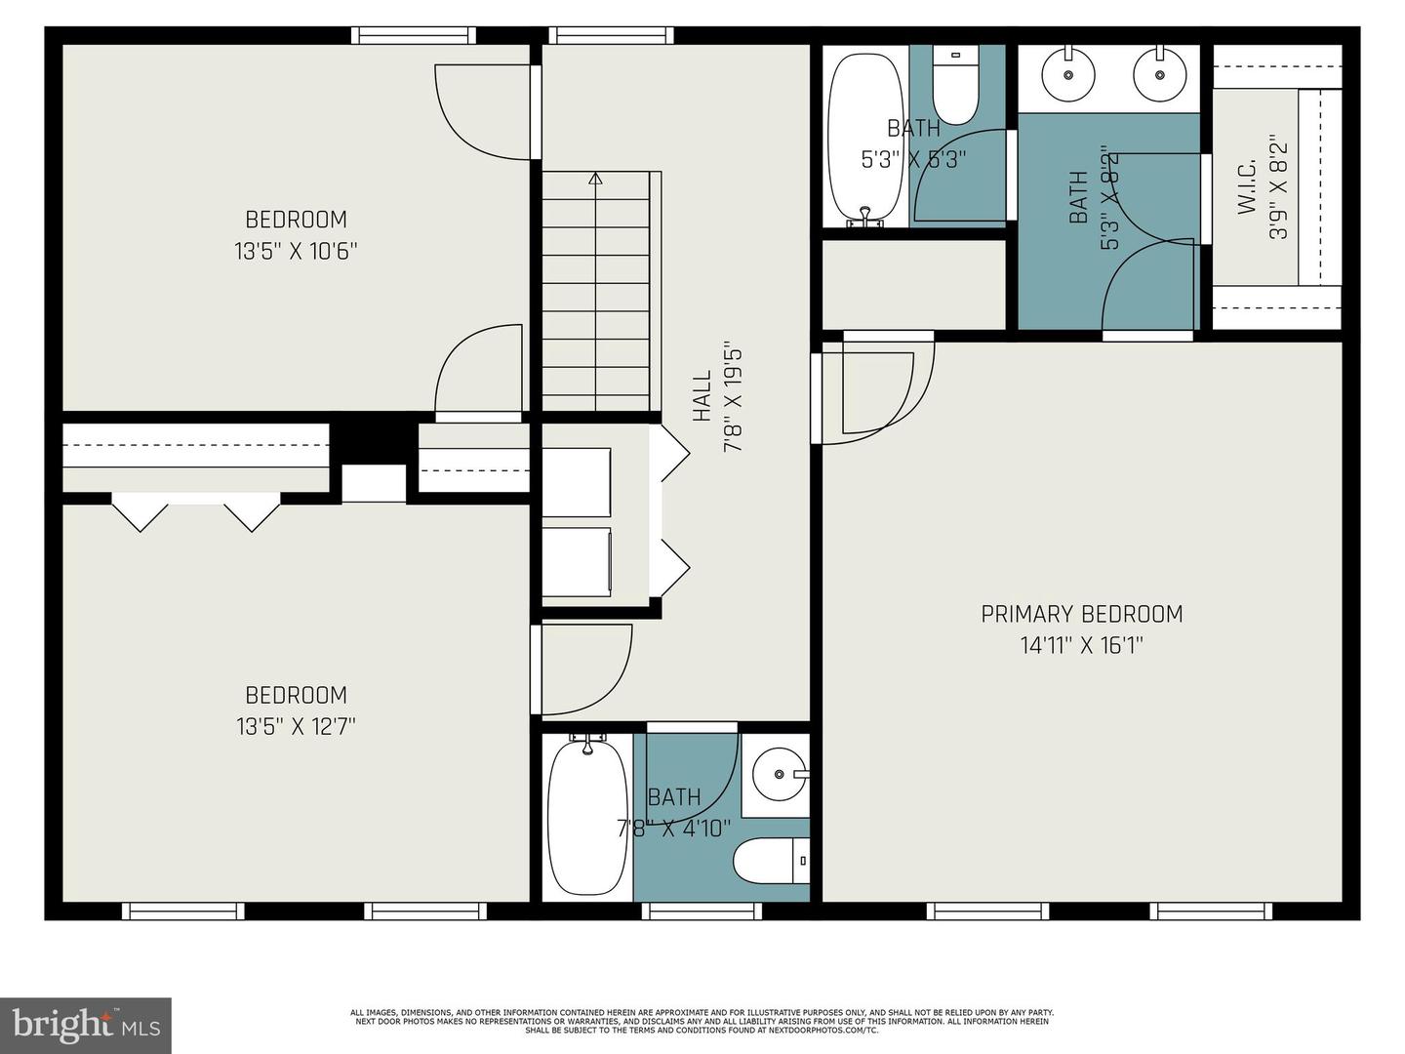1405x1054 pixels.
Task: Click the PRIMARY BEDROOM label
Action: coord(1081,614)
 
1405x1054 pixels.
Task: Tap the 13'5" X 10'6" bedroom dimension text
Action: coord(296,251)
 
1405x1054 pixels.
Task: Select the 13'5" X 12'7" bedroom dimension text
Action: coord(296,727)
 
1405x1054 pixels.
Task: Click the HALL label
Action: coord(702,396)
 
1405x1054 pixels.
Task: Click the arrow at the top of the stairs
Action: coord(595,179)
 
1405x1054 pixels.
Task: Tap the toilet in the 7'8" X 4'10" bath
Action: coord(771,861)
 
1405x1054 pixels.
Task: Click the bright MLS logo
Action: coord(86,1025)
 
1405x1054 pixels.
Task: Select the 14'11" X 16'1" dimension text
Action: coord(1081,646)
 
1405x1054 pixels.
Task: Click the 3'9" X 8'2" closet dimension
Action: coord(1279,191)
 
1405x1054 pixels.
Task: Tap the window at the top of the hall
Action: coord(612,36)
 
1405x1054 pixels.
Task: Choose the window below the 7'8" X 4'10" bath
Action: coord(702,912)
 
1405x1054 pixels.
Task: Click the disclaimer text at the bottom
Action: coord(702,1021)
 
